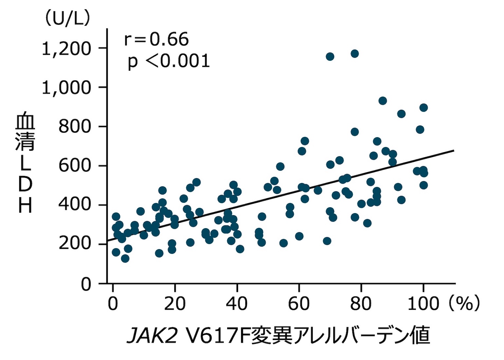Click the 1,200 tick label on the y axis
coord(66,49)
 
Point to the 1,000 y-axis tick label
coord(66,87)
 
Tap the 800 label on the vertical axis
coord(75,127)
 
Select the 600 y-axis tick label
coord(75,165)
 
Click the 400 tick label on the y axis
coord(75,205)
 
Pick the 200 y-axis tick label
coord(75,244)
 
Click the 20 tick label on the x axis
coord(175,303)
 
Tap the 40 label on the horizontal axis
coord(237,303)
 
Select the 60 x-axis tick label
coord(299,303)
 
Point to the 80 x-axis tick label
coord(361,303)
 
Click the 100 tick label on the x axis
coord(423,303)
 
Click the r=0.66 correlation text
coord(156,39)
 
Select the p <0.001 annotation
coord(168,61)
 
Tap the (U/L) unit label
coord(66,18)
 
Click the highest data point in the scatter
coord(355,54)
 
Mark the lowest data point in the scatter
coord(125,259)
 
